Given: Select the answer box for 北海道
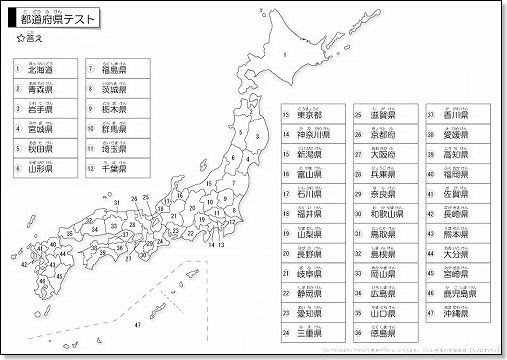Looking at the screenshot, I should [x=40, y=70].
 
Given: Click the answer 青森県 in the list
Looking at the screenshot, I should [x=40, y=89].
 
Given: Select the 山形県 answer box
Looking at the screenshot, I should [x=40, y=169].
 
